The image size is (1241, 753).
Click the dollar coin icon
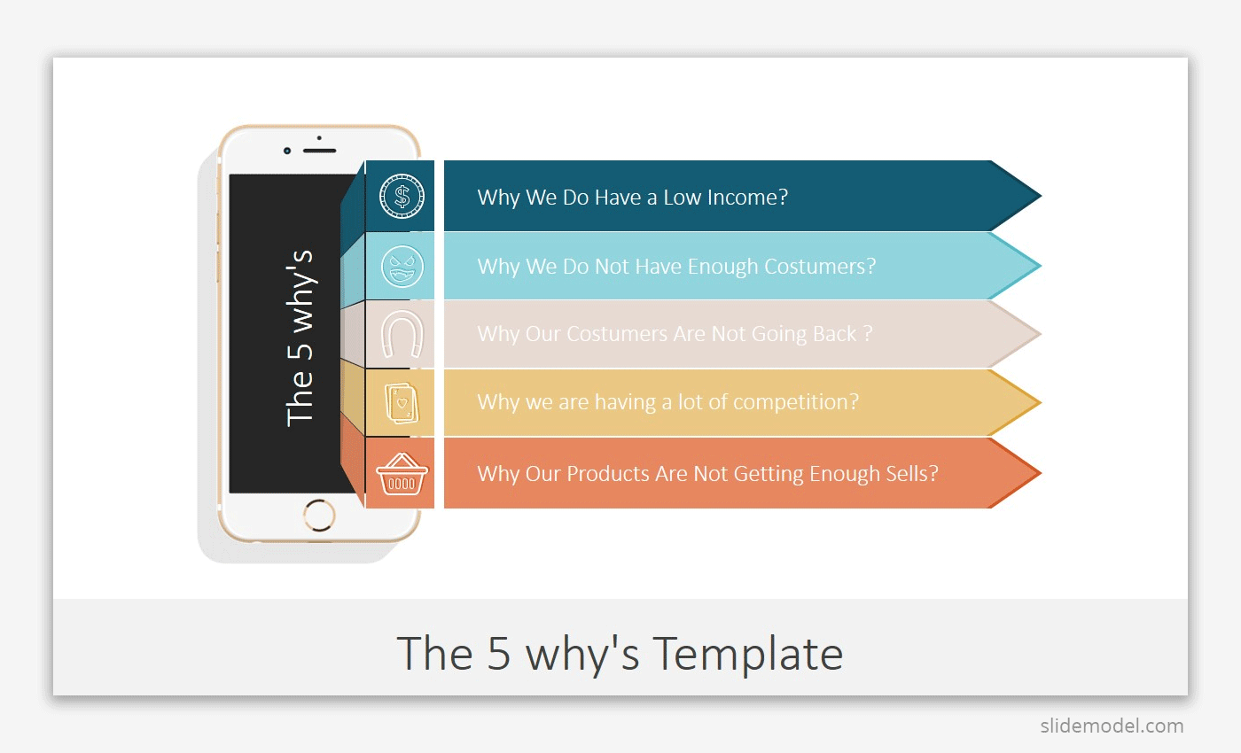(402, 196)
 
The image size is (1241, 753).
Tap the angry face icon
(402, 267)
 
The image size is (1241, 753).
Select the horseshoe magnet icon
(402, 334)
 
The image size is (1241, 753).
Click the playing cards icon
(402, 403)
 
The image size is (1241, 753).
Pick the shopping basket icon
(402, 474)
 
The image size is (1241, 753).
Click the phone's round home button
(319, 515)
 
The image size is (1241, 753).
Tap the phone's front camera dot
(287, 151)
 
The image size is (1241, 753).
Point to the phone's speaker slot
(319, 151)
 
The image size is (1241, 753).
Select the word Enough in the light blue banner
(723, 267)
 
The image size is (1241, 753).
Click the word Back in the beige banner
(835, 334)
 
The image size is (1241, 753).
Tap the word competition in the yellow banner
(796, 402)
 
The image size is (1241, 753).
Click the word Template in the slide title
(748, 655)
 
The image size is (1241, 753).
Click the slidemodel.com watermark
(1112, 726)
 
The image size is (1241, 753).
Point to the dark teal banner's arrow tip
(1041, 196)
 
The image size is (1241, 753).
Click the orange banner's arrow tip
(1041, 473)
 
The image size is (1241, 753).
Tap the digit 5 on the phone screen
(300, 351)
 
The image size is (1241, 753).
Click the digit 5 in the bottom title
(498, 654)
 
